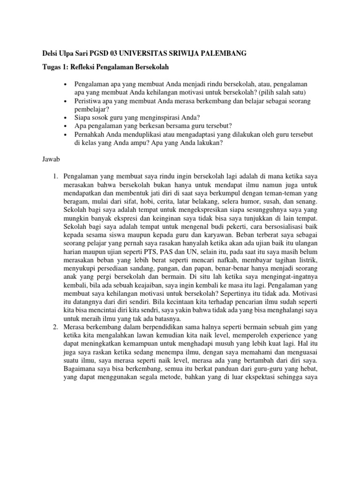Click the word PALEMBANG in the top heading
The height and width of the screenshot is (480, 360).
(x=223, y=54)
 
